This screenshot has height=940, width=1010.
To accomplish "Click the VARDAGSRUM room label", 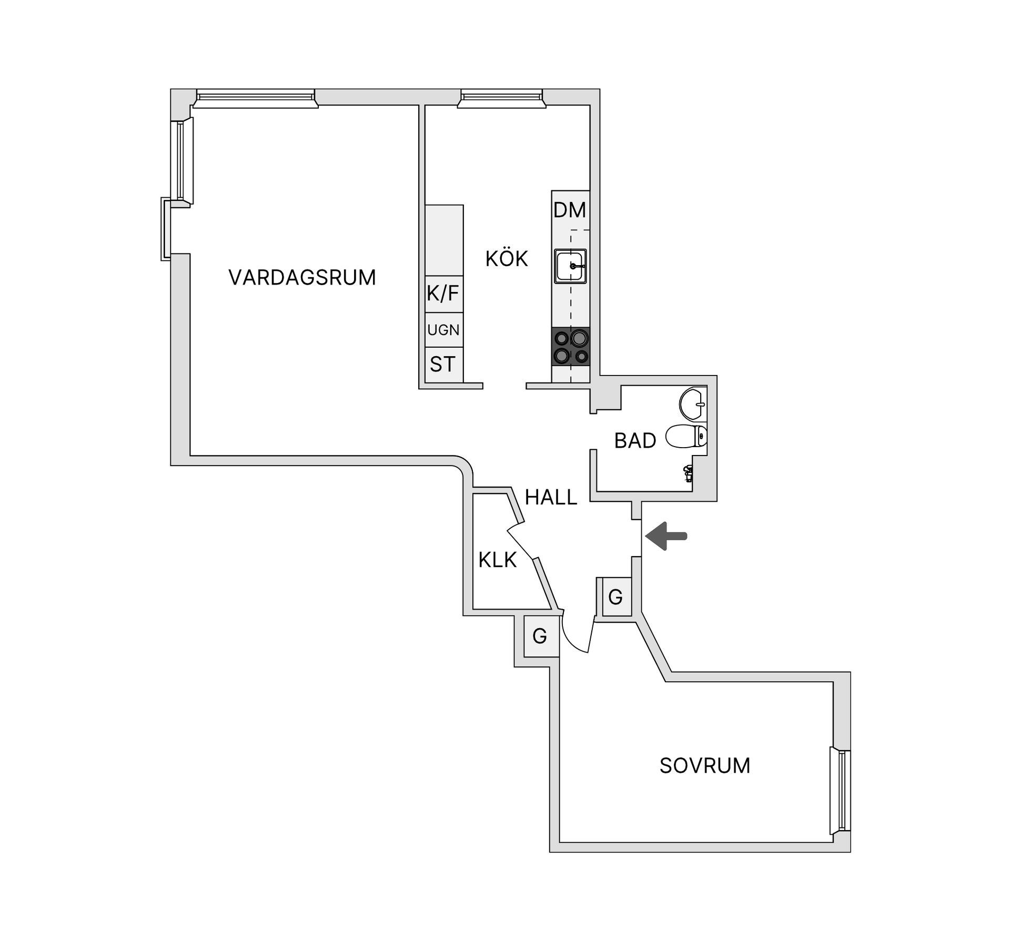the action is (x=302, y=277).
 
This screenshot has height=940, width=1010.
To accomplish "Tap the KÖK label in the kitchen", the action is (x=507, y=258).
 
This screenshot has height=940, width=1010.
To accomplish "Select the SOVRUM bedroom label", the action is (x=705, y=765).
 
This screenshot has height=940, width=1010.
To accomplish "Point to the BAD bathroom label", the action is (x=635, y=440).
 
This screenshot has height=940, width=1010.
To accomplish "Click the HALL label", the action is (x=551, y=497).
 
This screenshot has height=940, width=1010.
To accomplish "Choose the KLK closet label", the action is (x=497, y=560).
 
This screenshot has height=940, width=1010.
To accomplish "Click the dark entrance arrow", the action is (x=666, y=536).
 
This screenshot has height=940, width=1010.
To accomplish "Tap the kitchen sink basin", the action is (x=570, y=266).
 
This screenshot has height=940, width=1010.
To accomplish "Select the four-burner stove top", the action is (x=571, y=347).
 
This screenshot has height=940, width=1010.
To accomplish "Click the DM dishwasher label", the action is (x=570, y=210).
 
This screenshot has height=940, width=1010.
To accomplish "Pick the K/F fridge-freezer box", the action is (x=444, y=294).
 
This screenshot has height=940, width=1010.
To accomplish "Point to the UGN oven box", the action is (x=444, y=330).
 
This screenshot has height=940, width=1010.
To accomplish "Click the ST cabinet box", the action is (x=444, y=365).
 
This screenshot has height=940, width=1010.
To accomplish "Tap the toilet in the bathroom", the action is (x=686, y=436).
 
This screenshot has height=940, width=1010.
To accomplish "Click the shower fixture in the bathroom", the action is (x=688, y=473).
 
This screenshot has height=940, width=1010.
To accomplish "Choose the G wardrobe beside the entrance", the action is (x=616, y=597).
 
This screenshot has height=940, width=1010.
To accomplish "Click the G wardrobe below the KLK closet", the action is (x=540, y=636).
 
